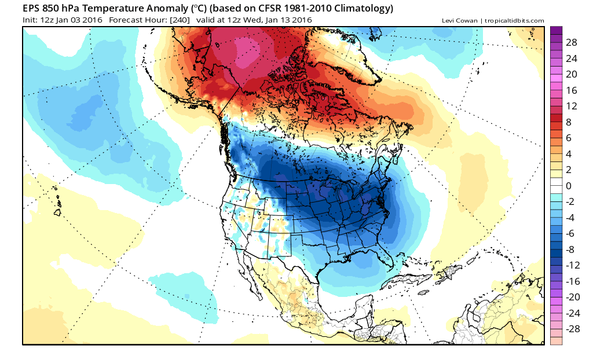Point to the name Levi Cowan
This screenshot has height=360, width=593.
(459, 21)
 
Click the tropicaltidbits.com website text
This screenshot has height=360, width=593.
(514, 21)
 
